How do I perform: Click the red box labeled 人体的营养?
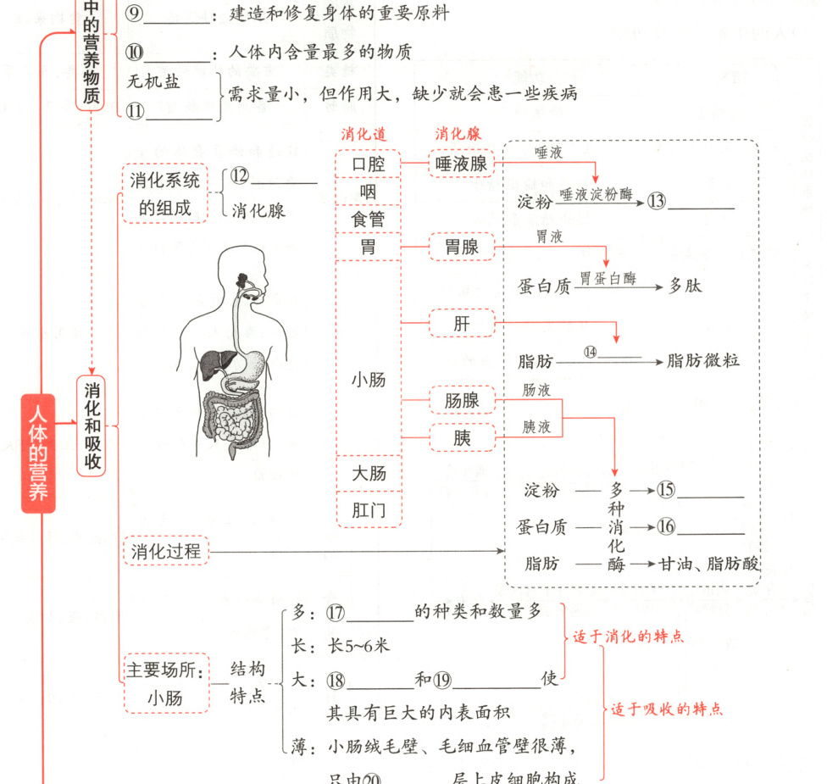38,453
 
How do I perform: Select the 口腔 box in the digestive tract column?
369,164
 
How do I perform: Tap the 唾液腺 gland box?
461,164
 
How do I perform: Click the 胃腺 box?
461,247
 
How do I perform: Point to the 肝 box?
461,323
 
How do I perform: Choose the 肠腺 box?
461,399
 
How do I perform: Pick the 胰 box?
461,438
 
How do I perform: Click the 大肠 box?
369,472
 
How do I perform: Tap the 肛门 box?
369,509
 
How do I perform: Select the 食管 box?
369,219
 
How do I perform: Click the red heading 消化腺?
458,134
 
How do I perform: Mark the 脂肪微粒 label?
703,360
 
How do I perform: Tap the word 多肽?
685,286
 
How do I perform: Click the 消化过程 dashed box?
166,552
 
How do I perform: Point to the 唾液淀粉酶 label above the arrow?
597,193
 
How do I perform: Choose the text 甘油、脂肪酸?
708,564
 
